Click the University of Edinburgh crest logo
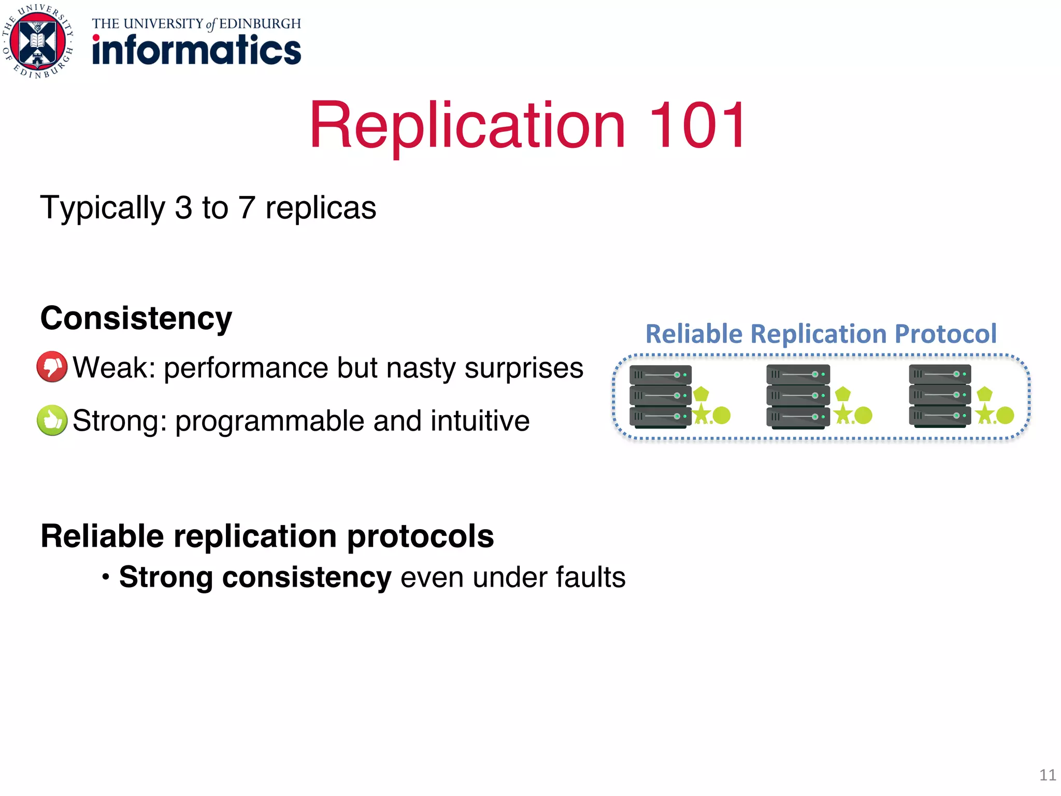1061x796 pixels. coord(38,41)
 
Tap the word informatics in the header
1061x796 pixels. coord(196,50)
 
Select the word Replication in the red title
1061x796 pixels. coord(467,125)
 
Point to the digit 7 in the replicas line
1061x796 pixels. coord(246,208)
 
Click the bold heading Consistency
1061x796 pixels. coord(136,318)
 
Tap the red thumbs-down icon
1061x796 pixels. coord(52,367)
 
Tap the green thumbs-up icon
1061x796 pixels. coord(52,420)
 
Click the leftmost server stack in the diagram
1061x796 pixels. coord(660,396)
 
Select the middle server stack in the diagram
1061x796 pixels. coord(797,396)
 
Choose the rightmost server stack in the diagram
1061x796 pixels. coord(939,396)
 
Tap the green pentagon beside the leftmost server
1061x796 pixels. coord(701,394)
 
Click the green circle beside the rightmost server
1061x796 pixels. coord(1005,415)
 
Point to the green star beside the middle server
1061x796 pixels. coord(843,414)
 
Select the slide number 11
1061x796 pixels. coord(1047,775)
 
